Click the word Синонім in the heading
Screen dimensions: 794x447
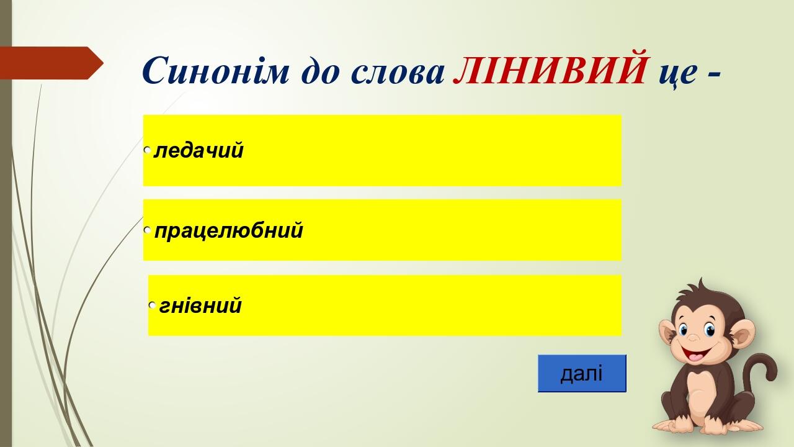(216, 70)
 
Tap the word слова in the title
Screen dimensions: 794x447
(398, 71)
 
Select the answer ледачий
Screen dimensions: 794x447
(198, 150)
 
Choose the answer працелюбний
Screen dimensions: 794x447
(229, 230)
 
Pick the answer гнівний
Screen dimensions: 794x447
(200, 306)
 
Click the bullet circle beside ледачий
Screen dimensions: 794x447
(148, 150)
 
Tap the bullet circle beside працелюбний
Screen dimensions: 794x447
(148, 230)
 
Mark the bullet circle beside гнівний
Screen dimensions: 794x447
(153, 305)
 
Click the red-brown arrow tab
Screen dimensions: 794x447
(51, 63)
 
